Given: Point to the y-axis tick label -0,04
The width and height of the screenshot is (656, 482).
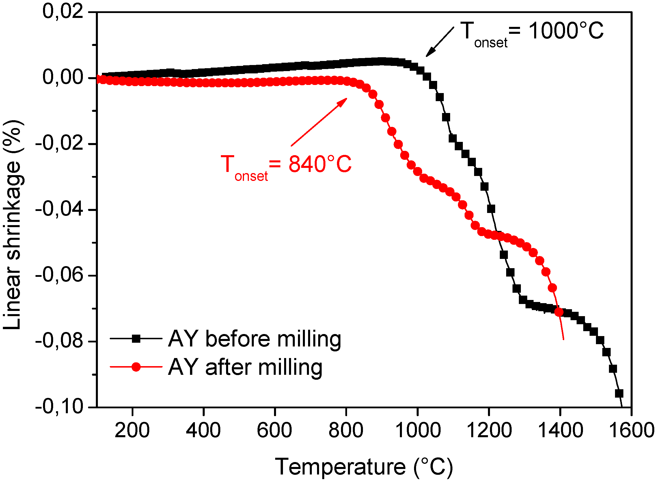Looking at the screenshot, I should tap(59, 209).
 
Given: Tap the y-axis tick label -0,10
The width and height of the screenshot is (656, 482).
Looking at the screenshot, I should tap(59, 406).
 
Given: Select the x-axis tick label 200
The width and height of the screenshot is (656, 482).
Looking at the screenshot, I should tap(132, 430).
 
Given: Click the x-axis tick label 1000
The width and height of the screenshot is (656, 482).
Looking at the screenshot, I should tap(418, 430).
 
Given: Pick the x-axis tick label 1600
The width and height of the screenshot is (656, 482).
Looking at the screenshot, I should tap(631, 430).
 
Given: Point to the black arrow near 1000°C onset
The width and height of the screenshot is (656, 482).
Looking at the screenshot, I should tap(439, 42).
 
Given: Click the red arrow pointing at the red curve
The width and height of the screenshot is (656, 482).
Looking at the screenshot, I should tap(319, 122).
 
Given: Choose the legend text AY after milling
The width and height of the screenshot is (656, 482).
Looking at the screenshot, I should tap(245, 367).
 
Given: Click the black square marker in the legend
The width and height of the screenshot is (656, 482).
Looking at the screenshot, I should tap(136, 338).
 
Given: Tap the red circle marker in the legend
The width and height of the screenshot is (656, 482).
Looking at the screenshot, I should tap(136, 367).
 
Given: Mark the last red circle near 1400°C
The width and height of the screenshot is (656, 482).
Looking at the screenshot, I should tap(559, 312).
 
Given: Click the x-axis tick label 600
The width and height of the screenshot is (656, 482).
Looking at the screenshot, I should tap(274, 430).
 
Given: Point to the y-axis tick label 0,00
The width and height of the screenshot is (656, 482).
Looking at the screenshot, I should tap(63, 78).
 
